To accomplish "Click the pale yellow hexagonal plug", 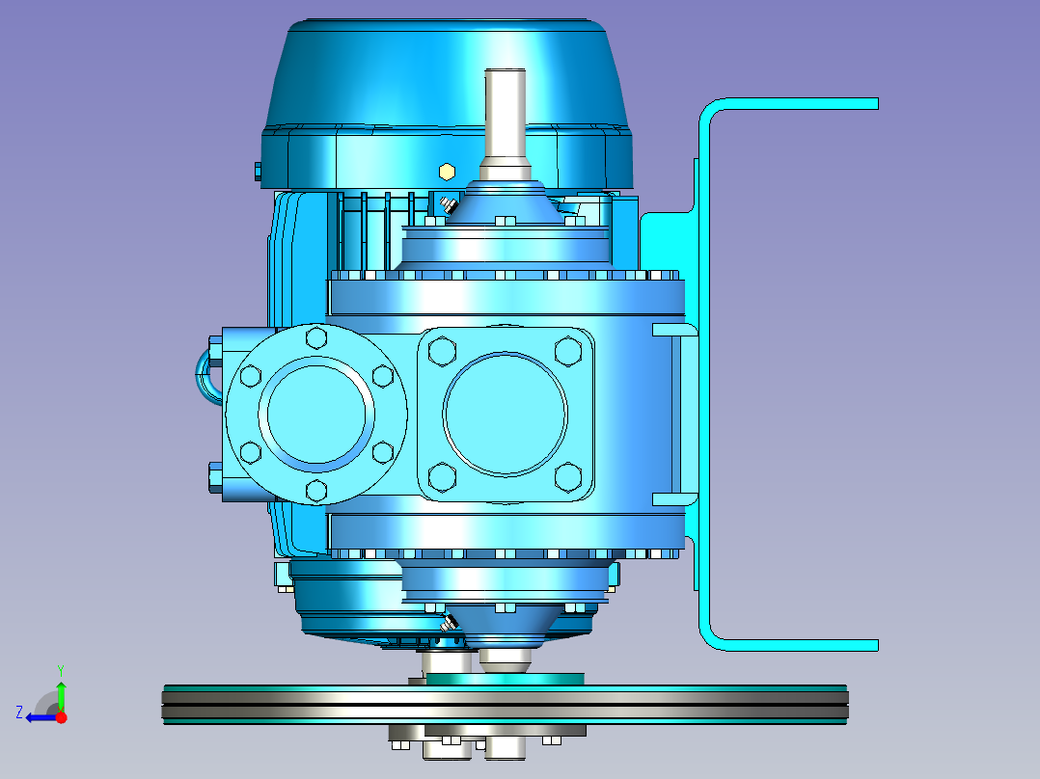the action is pyautogui.click(x=447, y=173).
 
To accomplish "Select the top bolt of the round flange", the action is pyautogui.click(x=316, y=338).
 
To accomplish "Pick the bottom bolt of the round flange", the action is pyautogui.click(x=316, y=492).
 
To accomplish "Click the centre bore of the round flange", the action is pyautogui.click(x=316, y=415).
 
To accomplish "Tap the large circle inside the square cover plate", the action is pyautogui.click(x=506, y=414).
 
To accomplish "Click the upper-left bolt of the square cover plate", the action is pyautogui.click(x=442, y=351).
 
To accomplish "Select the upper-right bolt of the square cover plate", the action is pyautogui.click(x=568, y=351).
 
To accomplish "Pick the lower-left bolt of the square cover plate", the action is pyautogui.click(x=442, y=476).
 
